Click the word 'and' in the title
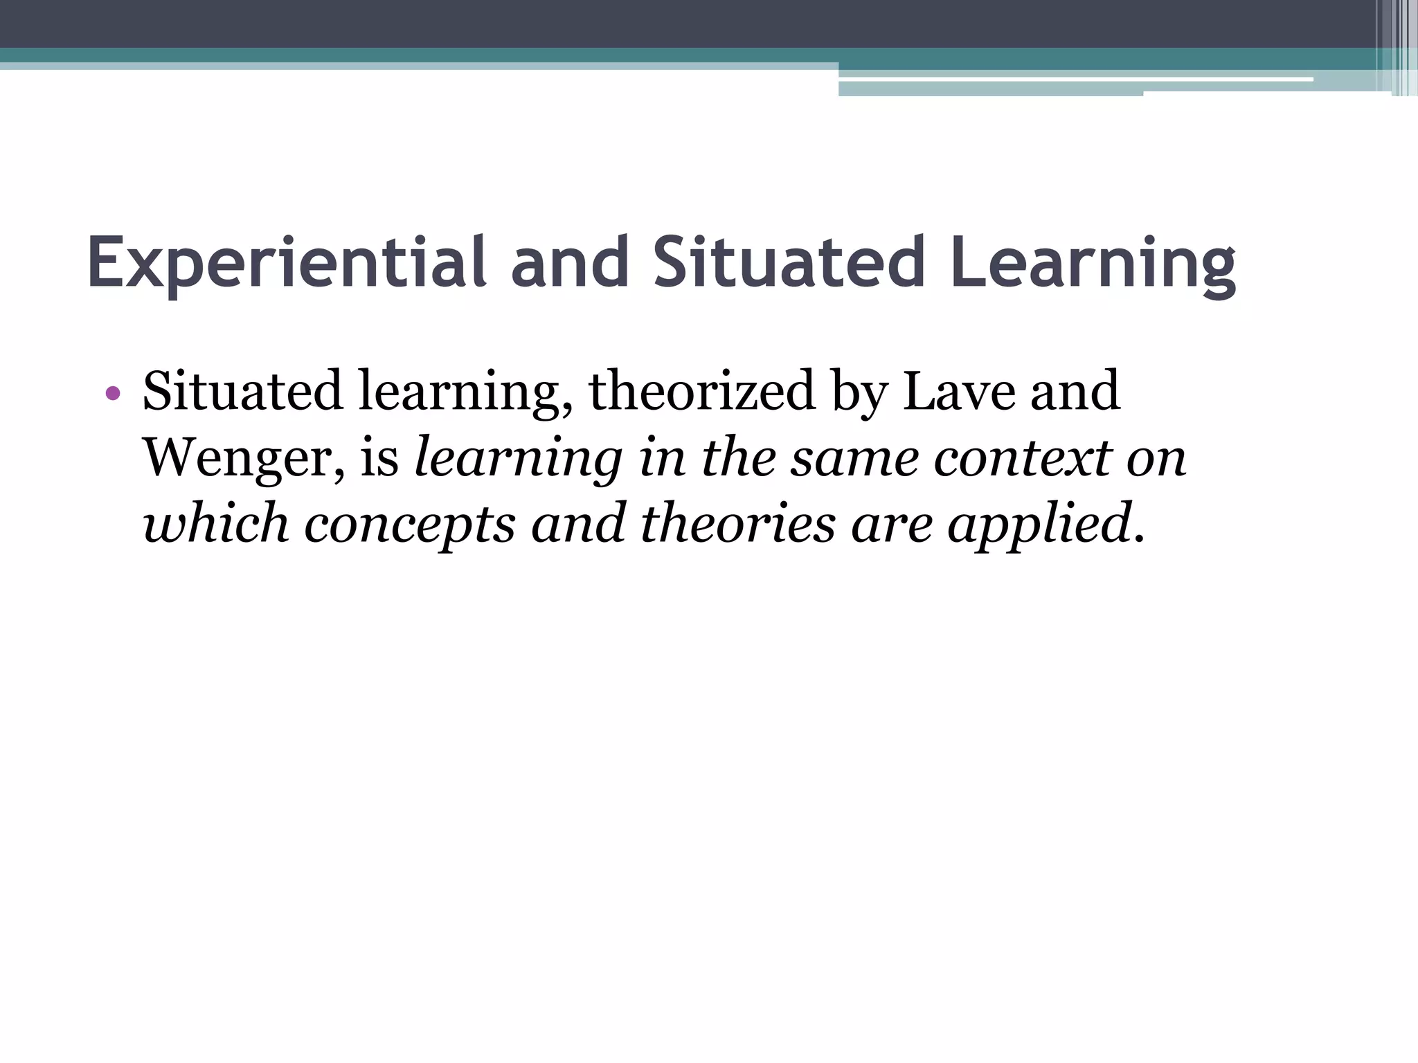[570, 264]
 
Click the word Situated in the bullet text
[242, 391]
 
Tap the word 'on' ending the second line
[1156, 458]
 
